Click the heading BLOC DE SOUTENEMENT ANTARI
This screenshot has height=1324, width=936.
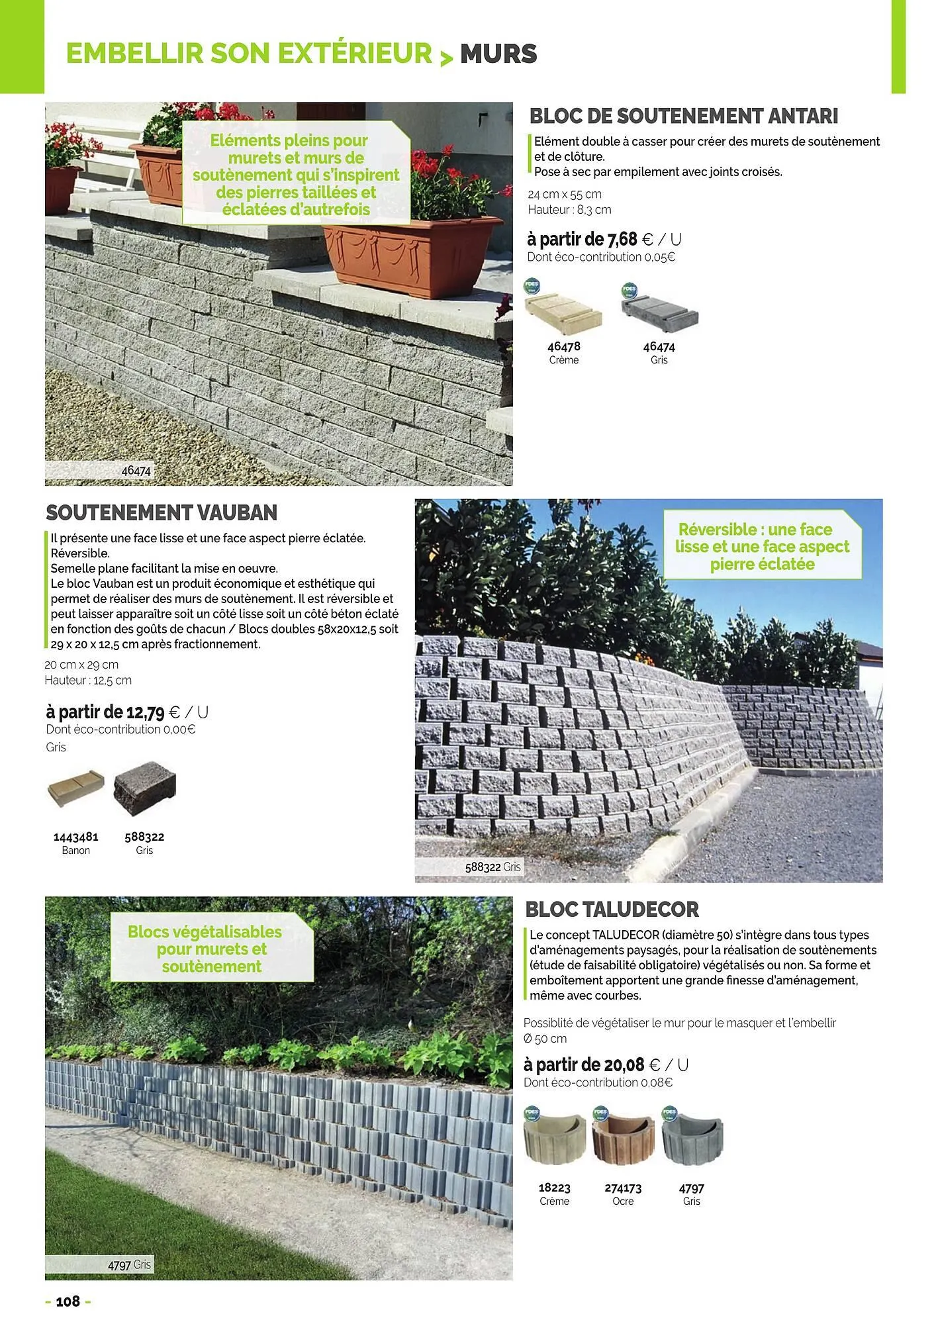pos(683,117)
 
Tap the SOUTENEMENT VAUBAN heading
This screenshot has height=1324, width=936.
pos(162,512)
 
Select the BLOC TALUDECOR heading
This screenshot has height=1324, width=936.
pos(612,910)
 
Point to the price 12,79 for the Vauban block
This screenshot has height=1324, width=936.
pos(145,712)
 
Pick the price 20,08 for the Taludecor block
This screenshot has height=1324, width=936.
pos(624,1064)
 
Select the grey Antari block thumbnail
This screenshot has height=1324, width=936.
pos(659,309)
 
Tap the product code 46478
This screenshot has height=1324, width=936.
pos(564,346)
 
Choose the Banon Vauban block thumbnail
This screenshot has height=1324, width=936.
pos(76,787)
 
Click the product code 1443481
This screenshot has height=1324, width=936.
pos(75,837)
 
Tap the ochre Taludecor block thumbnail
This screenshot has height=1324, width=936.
pos(623,1137)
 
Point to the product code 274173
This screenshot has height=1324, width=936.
pos(623,1188)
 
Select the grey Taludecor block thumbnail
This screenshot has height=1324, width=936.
pos(692,1137)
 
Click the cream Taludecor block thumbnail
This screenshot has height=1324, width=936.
pos(554,1137)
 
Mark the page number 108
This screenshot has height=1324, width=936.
pos(68,1301)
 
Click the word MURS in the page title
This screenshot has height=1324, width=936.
pos(498,54)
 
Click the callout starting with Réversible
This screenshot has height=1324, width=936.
pos(762,547)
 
